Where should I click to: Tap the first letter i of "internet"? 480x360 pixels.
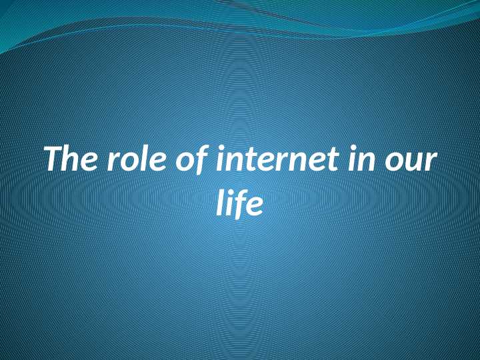click(x=219, y=160)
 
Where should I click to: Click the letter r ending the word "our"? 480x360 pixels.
click(x=431, y=164)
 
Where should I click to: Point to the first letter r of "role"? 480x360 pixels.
click(x=111, y=164)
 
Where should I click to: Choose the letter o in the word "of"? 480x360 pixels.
click(x=181, y=164)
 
